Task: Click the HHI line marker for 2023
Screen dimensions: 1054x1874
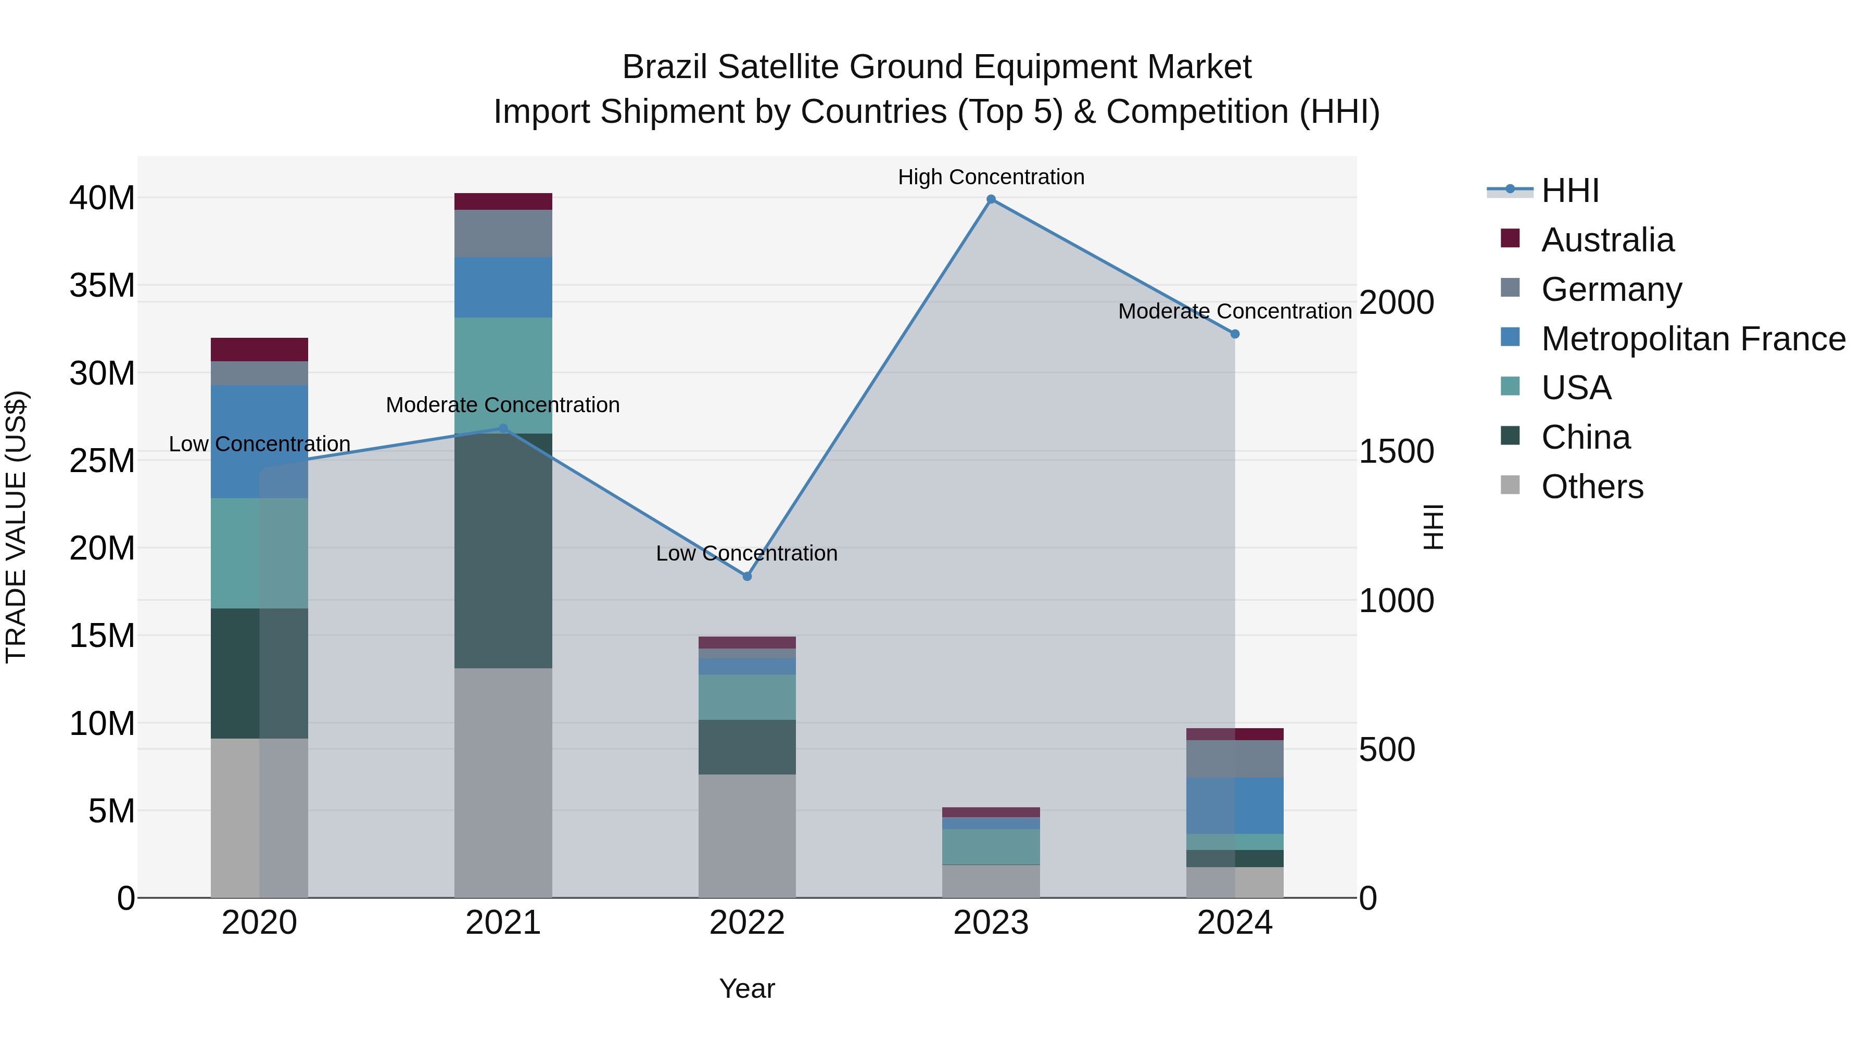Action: [x=991, y=199]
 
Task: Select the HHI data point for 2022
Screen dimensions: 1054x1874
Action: [x=747, y=576]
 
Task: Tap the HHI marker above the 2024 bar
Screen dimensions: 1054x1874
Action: [x=1235, y=334]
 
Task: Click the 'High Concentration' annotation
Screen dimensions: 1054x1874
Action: [x=991, y=177]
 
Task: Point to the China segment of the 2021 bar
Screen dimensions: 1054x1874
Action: [x=503, y=551]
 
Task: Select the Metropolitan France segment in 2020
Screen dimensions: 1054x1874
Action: [x=259, y=441]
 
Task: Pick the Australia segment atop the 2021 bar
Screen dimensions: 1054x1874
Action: [x=503, y=201]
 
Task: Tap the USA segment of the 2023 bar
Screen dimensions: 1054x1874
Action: [x=991, y=847]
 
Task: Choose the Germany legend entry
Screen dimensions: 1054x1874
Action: [x=1611, y=289]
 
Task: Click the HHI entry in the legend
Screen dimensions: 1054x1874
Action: [x=1569, y=191]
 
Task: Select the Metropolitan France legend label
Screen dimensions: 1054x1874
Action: [x=1693, y=338]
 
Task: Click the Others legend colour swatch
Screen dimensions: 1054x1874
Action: [x=1510, y=485]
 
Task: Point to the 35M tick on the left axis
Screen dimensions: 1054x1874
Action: [x=102, y=286]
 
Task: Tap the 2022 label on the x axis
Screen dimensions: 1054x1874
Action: [x=747, y=923]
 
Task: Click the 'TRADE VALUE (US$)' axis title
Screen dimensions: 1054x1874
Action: [x=16, y=527]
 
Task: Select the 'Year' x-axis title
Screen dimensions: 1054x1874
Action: [x=747, y=988]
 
